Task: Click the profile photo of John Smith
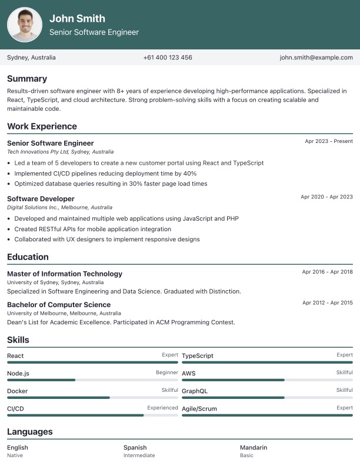(25, 25)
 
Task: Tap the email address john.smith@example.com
(316, 58)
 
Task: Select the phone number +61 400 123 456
(168, 58)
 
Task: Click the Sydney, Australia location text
(31, 58)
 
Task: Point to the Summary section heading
(27, 79)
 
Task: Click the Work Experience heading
(42, 127)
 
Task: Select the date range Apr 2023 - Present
(329, 141)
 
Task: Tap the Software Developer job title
(41, 199)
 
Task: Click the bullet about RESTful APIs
(92, 229)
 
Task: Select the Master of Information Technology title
(65, 274)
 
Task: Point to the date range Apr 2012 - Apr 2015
(328, 302)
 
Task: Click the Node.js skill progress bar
(92, 380)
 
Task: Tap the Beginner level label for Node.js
(167, 372)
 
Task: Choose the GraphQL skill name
(195, 391)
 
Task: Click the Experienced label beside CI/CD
(162, 408)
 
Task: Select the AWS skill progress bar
(267, 380)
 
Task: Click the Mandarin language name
(254, 448)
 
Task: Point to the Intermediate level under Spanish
(139, 455)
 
